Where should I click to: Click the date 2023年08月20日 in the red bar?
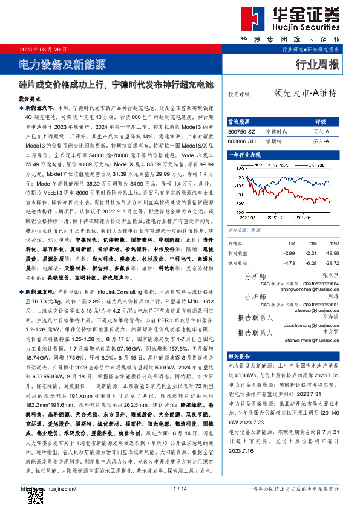pyautogui.click(x=42, y=48)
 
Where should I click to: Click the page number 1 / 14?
pyautogui.click(x=180, y=488)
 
